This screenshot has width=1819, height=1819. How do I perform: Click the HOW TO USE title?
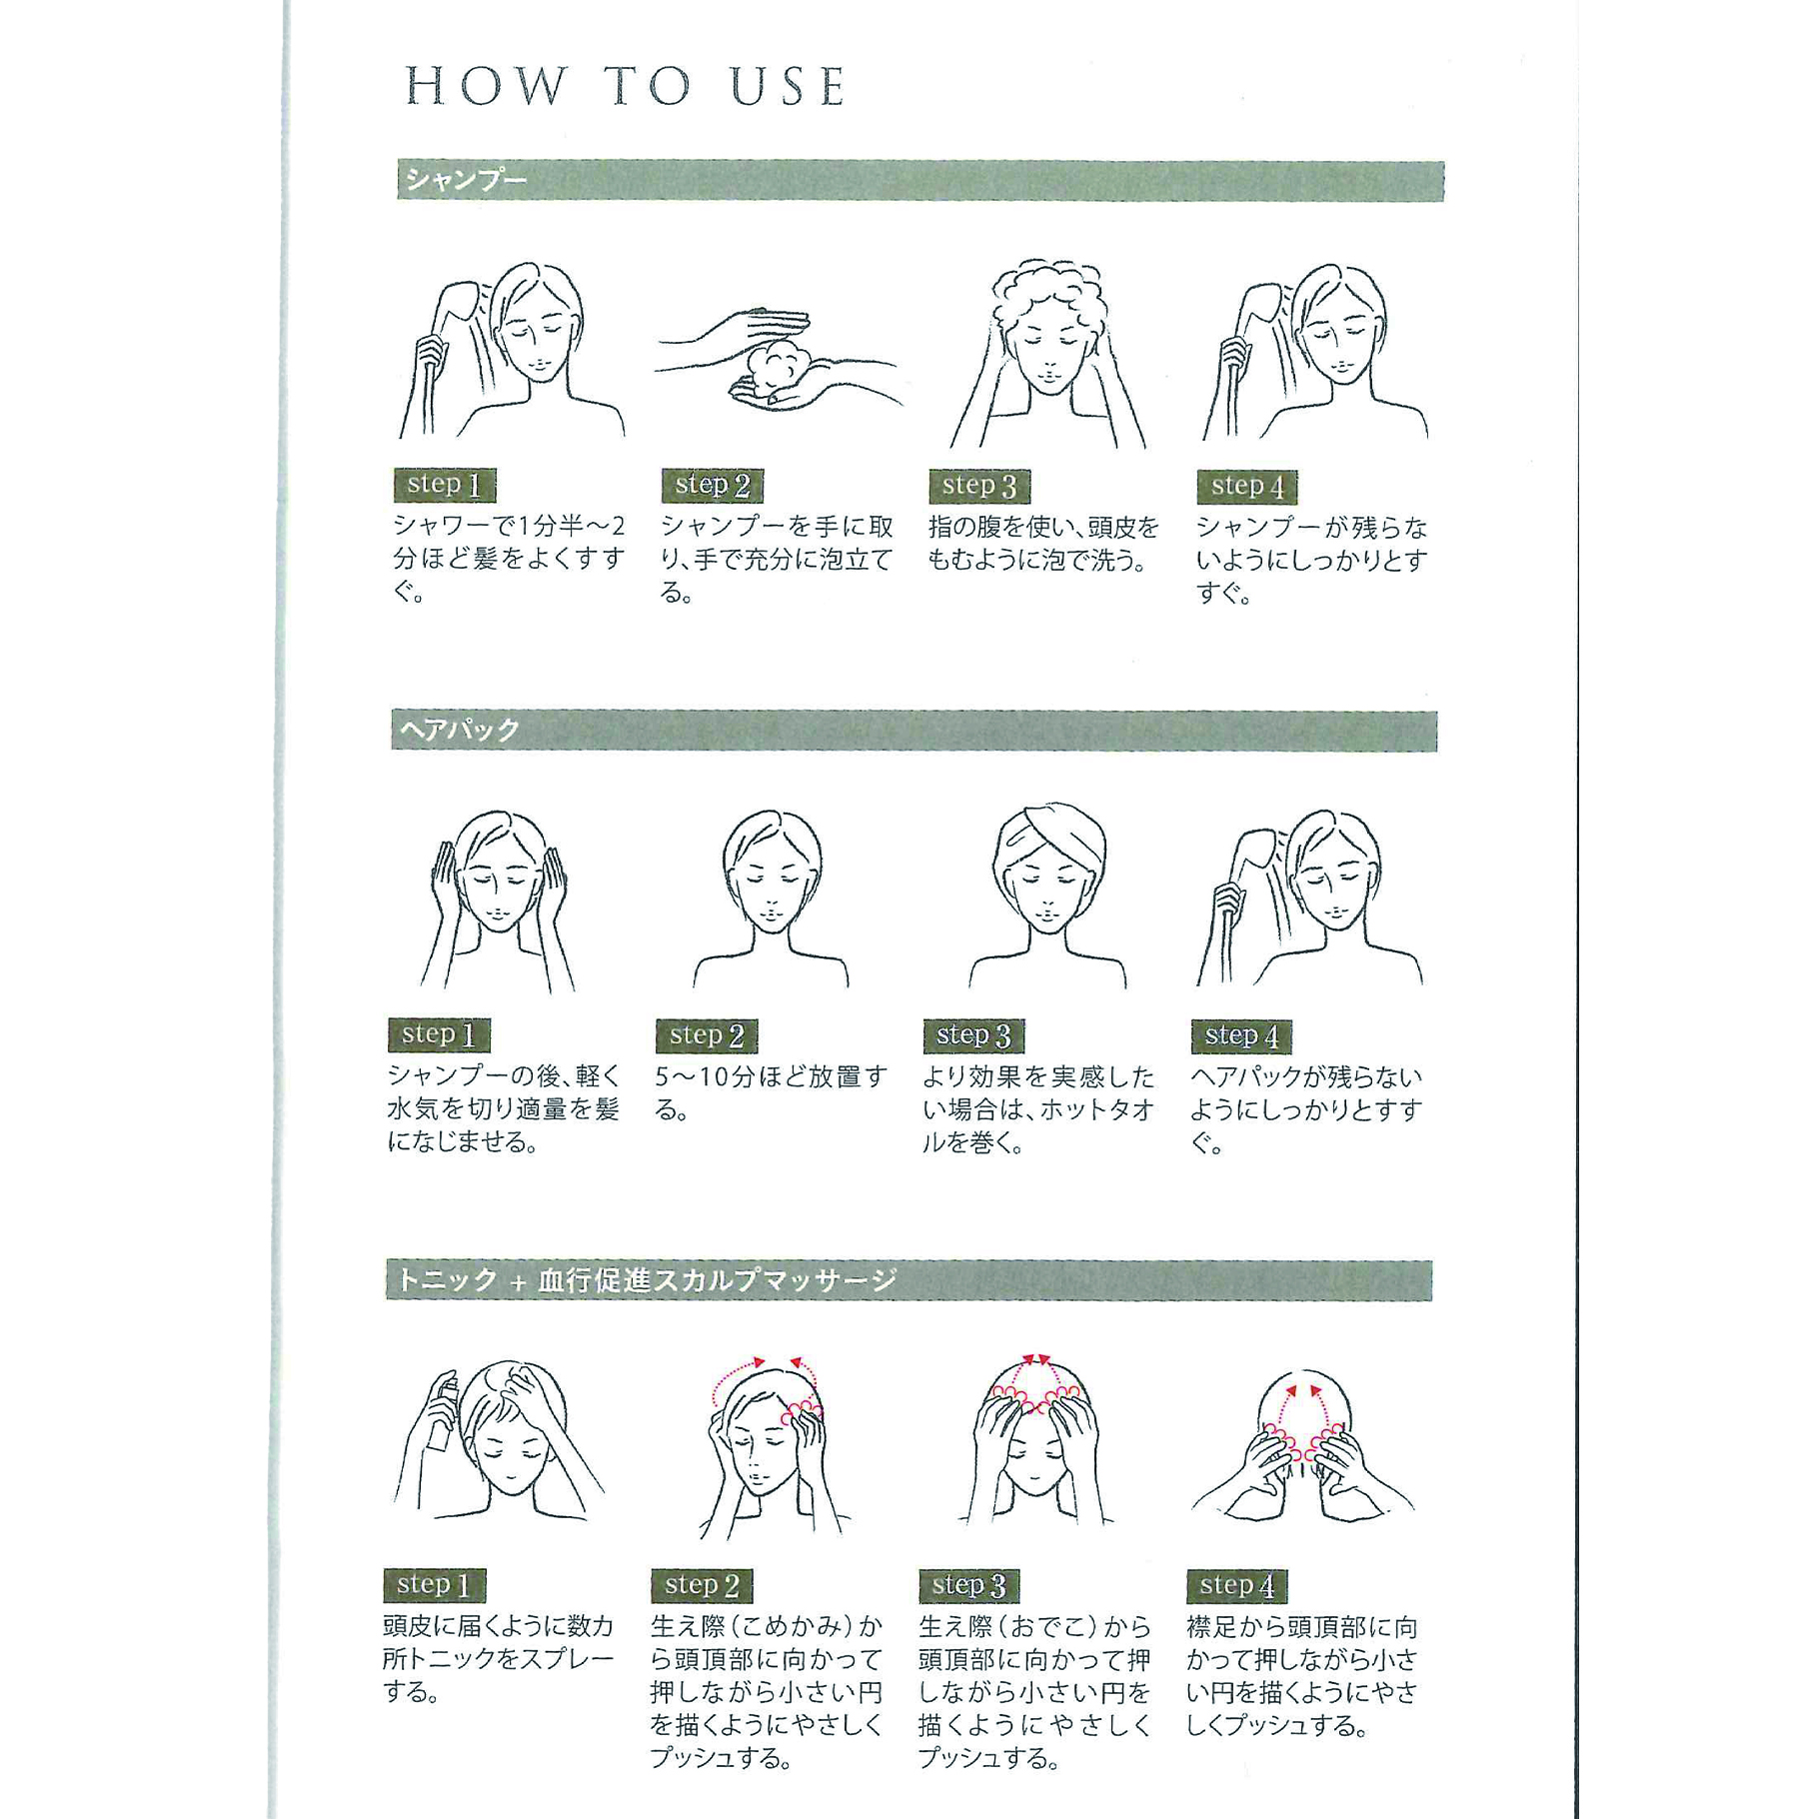coord(627,86)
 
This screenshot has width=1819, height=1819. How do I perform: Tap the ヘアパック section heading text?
coord(460,731)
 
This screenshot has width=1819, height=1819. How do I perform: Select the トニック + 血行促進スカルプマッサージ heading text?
coord(648,1280)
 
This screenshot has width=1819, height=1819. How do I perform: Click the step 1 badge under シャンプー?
coord(445,485)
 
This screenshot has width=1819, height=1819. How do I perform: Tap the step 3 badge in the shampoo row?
coord(979,486)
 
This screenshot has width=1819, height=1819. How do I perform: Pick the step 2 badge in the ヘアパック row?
coord(707,1035)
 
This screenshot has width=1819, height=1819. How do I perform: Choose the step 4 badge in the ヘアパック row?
coord(1241,1036)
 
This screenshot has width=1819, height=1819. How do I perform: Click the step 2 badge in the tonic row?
coord(702,1585)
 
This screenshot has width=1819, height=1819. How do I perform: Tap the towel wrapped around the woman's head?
coord(1049,835)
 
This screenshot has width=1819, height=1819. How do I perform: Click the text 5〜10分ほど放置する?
coord(771,1092)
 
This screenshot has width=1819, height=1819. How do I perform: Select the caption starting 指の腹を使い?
coord(1043,543)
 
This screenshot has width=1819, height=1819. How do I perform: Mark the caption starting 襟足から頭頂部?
coord(1302,1676)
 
